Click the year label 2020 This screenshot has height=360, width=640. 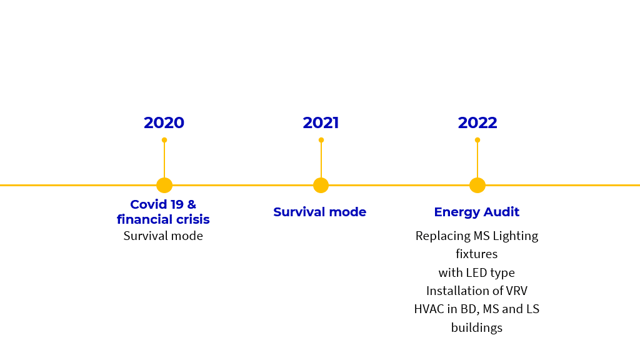pos(164,123)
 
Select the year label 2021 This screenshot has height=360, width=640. pos(321,123)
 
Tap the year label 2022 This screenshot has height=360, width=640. pos(477,123)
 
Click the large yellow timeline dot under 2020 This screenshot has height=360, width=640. pos(164,185)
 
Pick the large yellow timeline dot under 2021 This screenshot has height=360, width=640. pos(321,185)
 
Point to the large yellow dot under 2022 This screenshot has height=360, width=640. pos(477,185)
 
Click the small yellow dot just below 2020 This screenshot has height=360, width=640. pos(164,140)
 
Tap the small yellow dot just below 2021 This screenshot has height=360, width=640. pos(321,140)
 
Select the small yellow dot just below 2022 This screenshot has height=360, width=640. pos(477,140)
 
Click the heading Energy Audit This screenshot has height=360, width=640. pos(477,212)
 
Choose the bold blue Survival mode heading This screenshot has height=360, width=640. pos(319,212)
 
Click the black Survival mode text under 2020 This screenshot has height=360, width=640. pos(163,236)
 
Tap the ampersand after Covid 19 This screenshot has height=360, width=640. pos(191,204)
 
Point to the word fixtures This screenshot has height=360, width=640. pos(477,254)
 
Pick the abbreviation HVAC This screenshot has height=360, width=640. pos(429,309)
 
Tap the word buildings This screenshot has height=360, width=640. pos(477,327)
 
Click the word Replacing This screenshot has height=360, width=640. pos(443,236)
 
